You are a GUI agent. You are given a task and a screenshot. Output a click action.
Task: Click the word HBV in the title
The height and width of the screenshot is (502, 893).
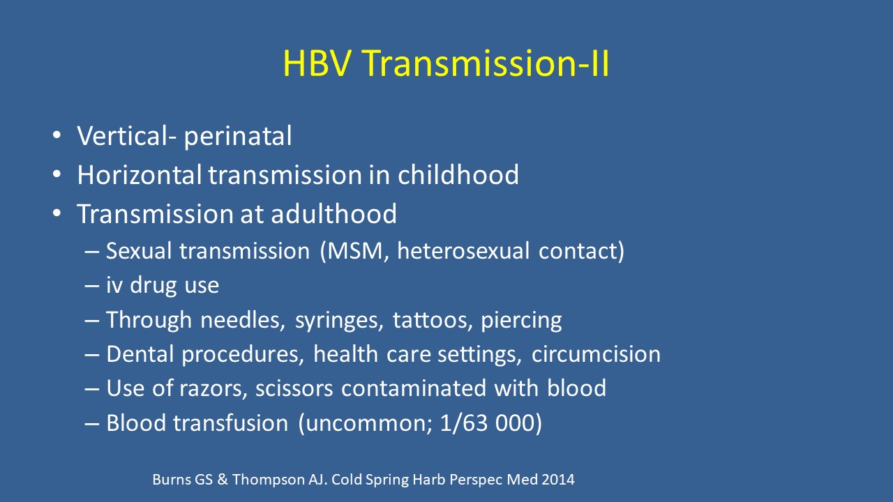coord(317,63)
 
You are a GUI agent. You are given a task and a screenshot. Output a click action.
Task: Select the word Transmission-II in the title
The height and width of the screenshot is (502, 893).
coord(486,63)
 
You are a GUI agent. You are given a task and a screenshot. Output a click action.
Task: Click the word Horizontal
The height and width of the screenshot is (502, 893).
coord(139,174)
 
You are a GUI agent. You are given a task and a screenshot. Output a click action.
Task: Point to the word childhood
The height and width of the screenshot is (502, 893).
coord(458,174)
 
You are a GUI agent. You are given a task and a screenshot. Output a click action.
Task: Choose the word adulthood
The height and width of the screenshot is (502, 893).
coord(333,213)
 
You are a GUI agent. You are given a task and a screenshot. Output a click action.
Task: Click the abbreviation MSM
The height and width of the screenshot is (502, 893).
coord(354,251)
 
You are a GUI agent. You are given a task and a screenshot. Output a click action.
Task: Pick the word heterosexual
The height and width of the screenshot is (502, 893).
coord(463,251)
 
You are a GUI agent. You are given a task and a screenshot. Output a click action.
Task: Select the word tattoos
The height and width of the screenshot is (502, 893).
coord(430,320)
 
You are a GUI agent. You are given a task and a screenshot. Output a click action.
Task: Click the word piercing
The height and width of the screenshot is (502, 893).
coord(521,321)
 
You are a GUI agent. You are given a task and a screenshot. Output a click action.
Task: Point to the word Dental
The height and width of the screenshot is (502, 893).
coord(140,353)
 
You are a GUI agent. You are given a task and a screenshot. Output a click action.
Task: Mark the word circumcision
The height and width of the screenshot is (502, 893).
coord(596,353)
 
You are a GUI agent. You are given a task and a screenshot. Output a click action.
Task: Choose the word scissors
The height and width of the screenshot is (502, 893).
coord(294,388)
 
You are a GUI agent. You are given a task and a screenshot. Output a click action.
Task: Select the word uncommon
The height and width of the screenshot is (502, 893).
coord(365,423)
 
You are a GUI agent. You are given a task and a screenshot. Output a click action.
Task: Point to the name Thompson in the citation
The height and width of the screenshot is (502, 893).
coord(269,480)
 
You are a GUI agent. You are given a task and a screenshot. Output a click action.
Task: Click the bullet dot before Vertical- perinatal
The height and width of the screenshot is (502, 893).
coord(57,135)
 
